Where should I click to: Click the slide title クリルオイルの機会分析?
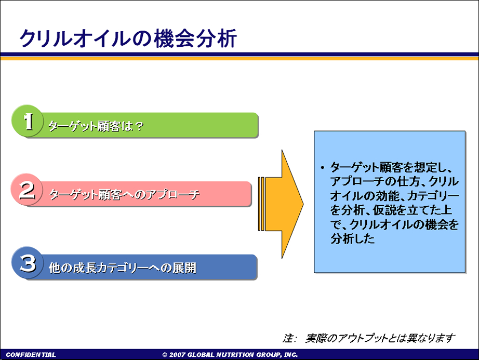click(x=128, y=38)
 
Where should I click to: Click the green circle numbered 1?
click(x=28, y=121)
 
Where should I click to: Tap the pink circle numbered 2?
click(x=27, y=190)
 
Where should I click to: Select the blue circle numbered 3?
click(x=28, y=263)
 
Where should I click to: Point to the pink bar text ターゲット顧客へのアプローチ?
click(x=125, y=194)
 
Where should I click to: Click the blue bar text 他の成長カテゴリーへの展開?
click(x=123, y=268)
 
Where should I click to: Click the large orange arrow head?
click(x=292, y=204)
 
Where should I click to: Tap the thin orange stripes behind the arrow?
click(x=261, y=204)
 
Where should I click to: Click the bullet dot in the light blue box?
click(x=322, y=168)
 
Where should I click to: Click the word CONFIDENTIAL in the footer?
click(x=31, y=354)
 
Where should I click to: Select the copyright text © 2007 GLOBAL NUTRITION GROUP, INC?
click(x=230, y=354)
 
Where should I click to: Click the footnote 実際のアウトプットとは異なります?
click(x=380, y=338)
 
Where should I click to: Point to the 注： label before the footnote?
click(x=289, y=338)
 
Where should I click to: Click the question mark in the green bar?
click(x=139, y=126)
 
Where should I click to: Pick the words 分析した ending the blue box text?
click(x=353, y=238)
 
